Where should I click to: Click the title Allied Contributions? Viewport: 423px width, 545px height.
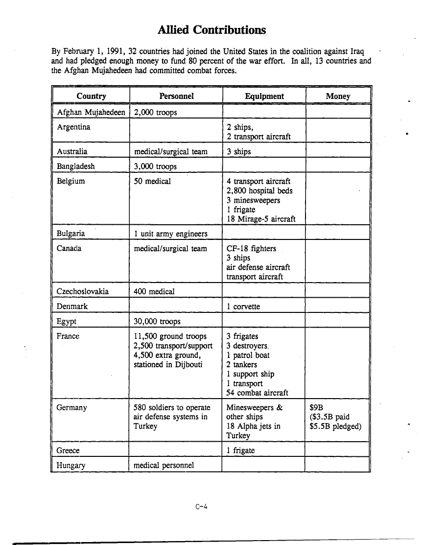coord(211,30)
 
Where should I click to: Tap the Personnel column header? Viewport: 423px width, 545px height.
coord(176,96)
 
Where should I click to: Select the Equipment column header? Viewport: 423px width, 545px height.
coord(264,96)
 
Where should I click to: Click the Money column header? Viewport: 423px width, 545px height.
coord(338,96)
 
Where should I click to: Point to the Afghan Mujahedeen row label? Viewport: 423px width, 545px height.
coord(91,113)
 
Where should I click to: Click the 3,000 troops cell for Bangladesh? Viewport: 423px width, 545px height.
coord(155,166)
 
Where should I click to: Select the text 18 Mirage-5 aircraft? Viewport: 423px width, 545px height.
coord(261,219)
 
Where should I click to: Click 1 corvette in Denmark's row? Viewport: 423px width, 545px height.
coord(243,307)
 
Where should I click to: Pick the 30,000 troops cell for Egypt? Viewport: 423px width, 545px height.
coord(157,322)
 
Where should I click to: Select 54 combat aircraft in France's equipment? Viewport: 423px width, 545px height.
coord(257,393)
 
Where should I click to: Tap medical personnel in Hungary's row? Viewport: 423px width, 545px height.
coord(164,465)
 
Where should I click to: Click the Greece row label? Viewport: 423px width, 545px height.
coord(68,450)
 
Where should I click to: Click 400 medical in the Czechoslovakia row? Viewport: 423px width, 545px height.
coord(154,292)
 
